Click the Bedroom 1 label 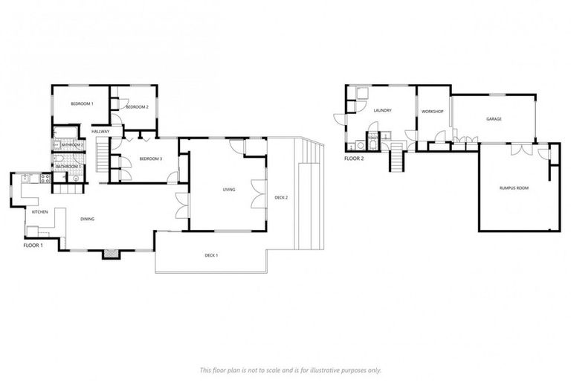point(82,103)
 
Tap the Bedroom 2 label point(138,107)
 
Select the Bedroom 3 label point(151,159)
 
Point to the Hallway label point(100,132)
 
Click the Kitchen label point(39,212)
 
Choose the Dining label point(87,219)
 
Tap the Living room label point(229,190)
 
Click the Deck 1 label point(211,255)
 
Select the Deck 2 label point(280,197)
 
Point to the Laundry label point(383,111)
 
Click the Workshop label point(432,112)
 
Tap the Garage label point(494,119)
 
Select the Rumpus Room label point(514,188)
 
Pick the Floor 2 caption point(353,159)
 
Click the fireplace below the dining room point(111,254)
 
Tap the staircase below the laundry point(398,159)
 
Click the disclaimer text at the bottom point(290,370)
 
